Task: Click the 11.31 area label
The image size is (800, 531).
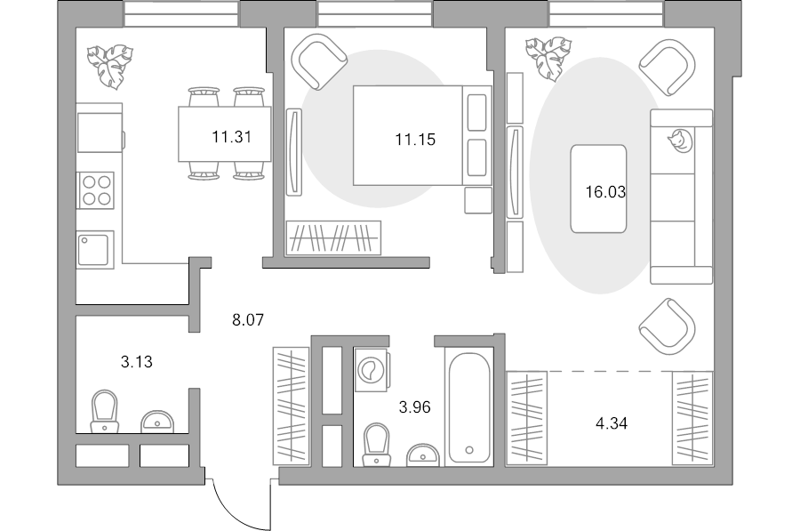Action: pyautogui.click(x=232, y=137)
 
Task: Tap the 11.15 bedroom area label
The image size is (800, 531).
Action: pyautogui.click(x=415, y=140)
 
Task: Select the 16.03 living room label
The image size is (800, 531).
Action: pyautogui.click(x=605, y=192)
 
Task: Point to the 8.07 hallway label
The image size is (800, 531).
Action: pyautogui.click(x=248, y=320)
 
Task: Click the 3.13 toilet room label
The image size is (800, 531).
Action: pyautogui.click(x=137, y=362)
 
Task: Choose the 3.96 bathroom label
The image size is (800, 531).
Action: pyautogui.click(x=415, y=407)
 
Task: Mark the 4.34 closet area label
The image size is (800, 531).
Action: pyautogui.click(x=612, y=423)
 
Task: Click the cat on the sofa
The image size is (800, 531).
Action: pyautogui.click(x=680, y=141)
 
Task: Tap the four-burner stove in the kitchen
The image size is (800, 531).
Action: pyautogui.click(x=96, y=190)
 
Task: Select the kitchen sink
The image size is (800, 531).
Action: pyautogui.click(x=95, y=250)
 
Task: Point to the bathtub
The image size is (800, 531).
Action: pyautogui.click(x=468, y=406)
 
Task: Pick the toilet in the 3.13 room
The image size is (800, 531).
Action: pyautogui.click(x=105, y=412)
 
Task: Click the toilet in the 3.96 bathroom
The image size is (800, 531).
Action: pyautogui.click(x=376, y=445)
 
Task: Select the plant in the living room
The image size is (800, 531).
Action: pyautogui.click(x=548, y=57)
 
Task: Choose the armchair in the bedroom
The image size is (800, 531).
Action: pyautogui.click(x=319, y=61)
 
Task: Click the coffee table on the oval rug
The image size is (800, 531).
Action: pyautogui.click(x=598, y=189)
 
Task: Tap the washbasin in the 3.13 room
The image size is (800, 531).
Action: pyautogui.click(x=157, y=422)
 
